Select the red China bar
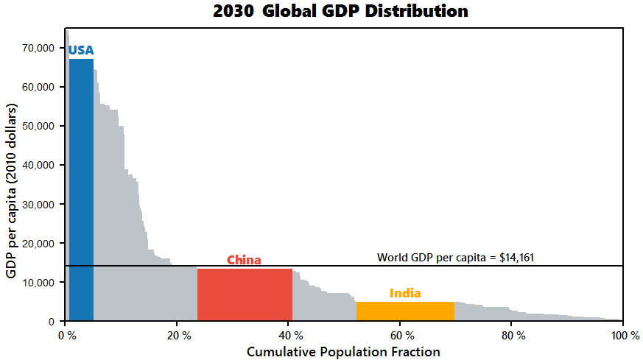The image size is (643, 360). point(245,294)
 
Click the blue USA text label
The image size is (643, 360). point(81,51)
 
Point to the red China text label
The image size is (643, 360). point(244,260)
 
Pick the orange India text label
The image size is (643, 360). point(405,294)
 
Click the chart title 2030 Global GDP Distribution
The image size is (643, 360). point(340,12)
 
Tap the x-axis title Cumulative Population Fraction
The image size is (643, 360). point(343,352)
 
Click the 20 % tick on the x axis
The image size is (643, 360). point(178,336)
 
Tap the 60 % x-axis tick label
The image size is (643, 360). point(401,336)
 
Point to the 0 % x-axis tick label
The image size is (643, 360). point(66,336)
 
